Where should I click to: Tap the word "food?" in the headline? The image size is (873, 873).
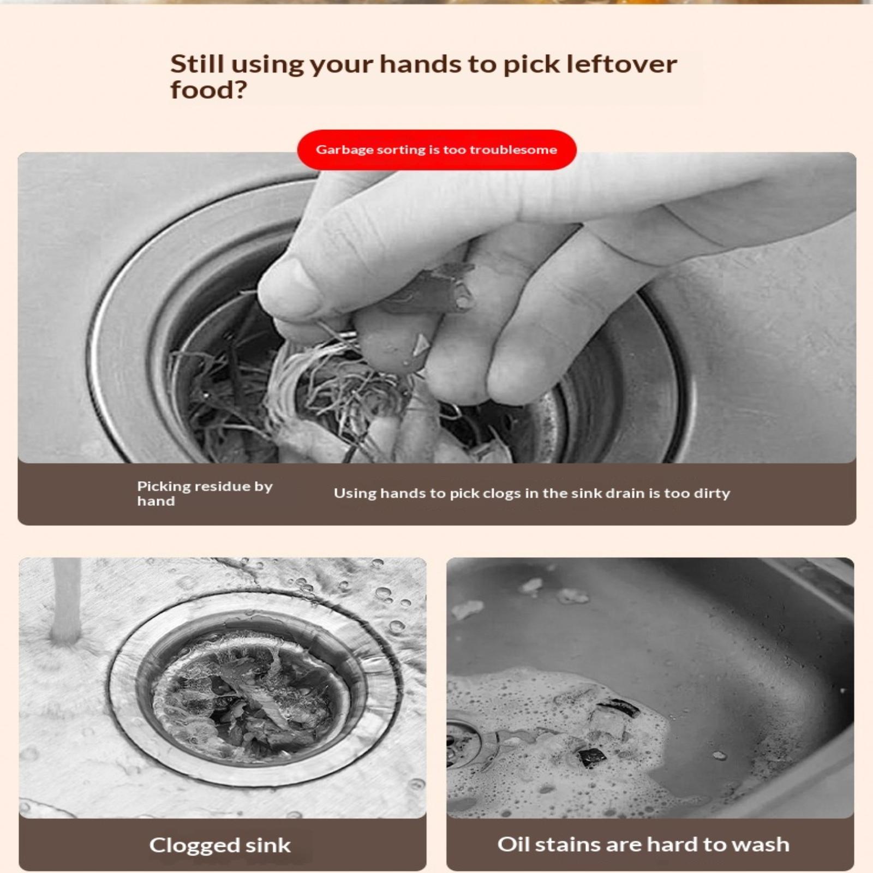pos(209,90)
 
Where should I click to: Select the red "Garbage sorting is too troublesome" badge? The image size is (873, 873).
pos(436,150)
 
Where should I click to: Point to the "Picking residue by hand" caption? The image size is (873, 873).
pos(205,493)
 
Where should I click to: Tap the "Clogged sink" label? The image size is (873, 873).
pos(220,845)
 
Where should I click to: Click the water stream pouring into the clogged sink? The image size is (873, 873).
pos(67,600)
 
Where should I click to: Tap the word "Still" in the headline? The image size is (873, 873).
pos(198,64)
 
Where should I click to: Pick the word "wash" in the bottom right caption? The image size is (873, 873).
pos(761,845)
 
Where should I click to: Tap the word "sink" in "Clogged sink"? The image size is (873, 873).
pos(268,845)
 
